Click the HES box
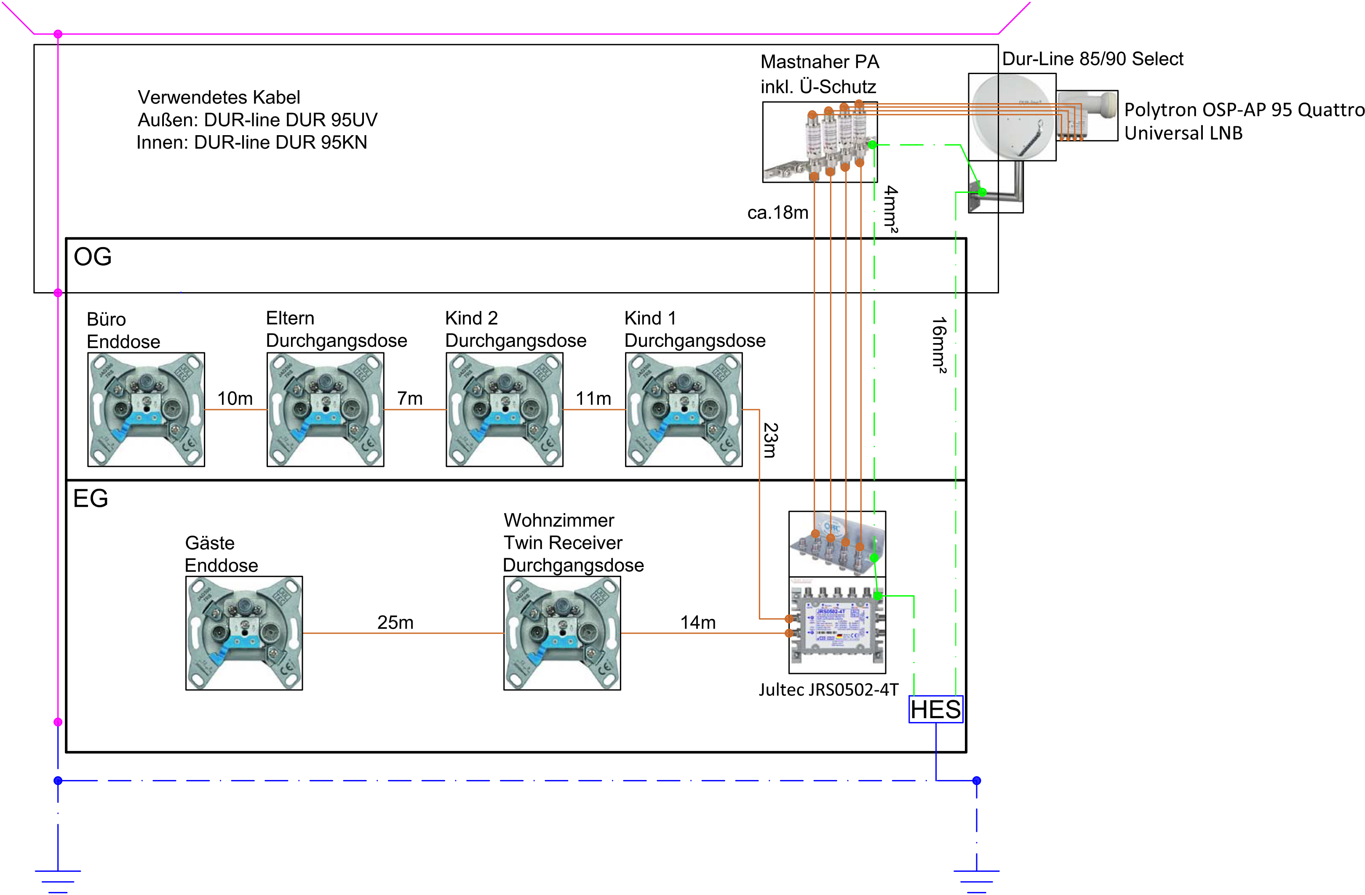(935, 709)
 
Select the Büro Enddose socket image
(146, 409)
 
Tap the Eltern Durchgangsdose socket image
(325, 409)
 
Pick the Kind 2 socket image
(504, 409)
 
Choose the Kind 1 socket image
(684, 409)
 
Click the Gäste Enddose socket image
(244, 633)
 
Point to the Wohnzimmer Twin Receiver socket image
(562, 633)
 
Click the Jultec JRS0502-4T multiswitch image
(837, 625)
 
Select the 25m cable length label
(395, 622)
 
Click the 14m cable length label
(698, 622)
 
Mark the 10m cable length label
(235, 399)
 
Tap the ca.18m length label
(778, 213)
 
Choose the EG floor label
(91, 498)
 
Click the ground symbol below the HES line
(976, 877)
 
